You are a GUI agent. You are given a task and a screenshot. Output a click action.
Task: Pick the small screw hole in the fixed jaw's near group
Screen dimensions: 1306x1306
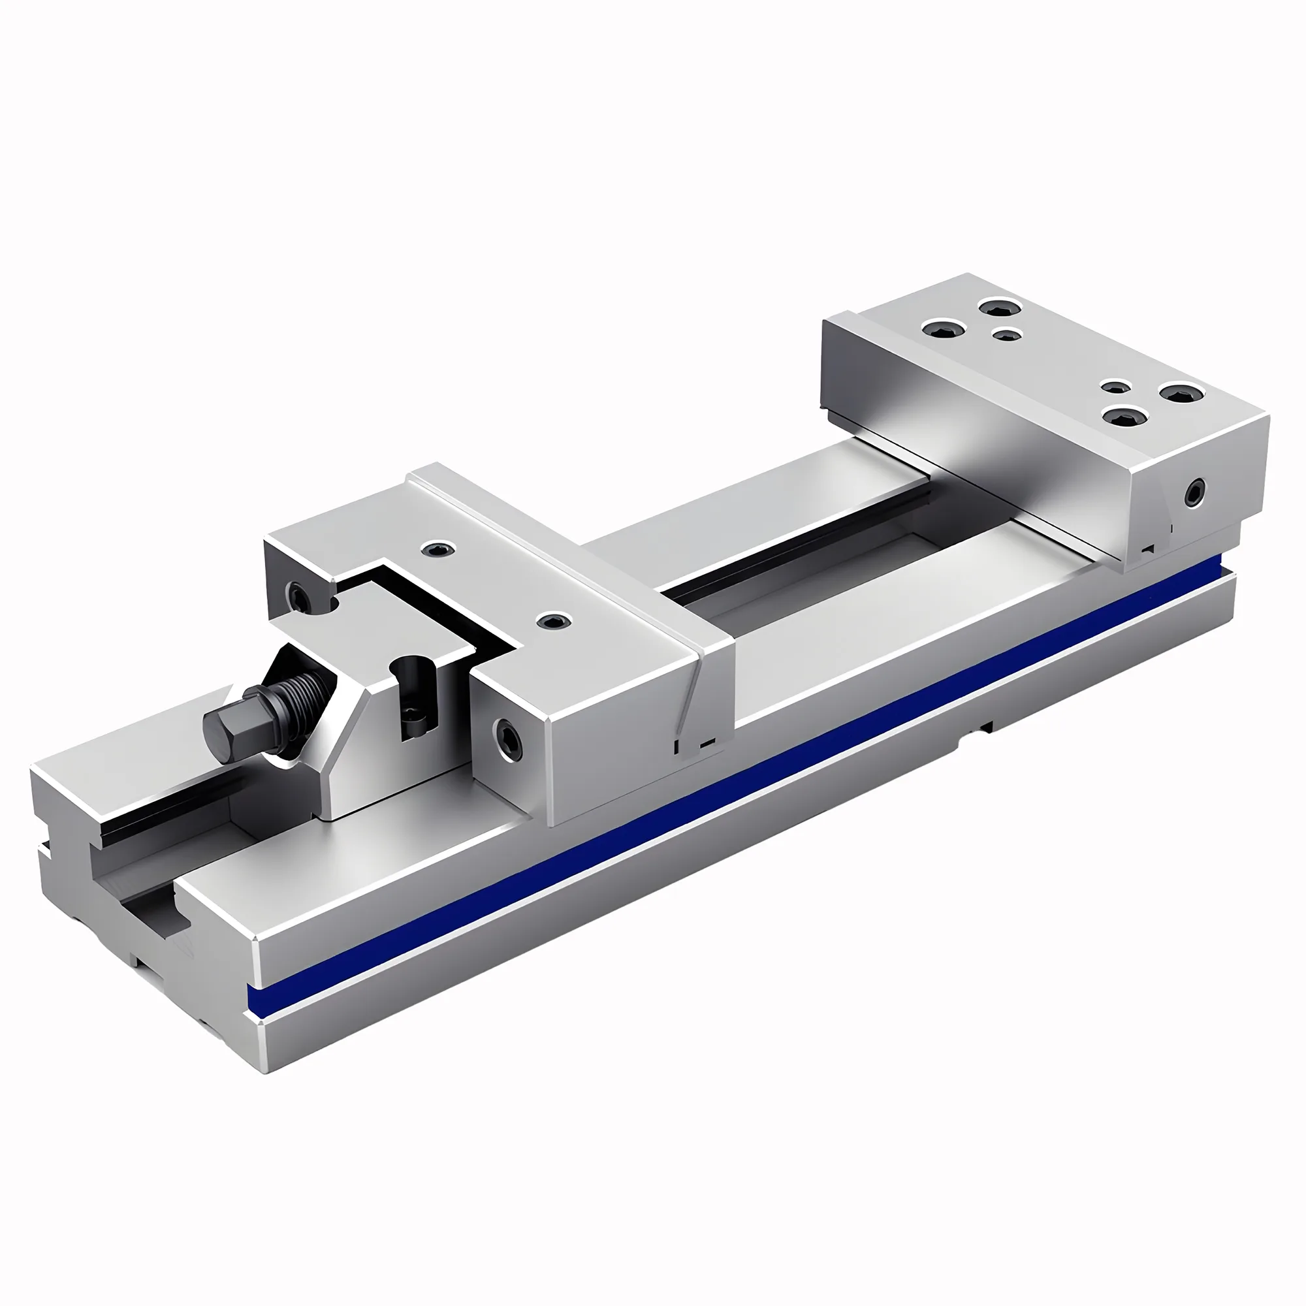tap(1115, 387)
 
